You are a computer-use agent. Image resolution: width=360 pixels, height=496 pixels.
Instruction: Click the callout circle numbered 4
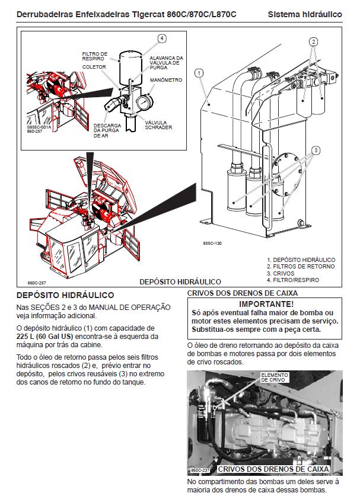(x=161, y=39)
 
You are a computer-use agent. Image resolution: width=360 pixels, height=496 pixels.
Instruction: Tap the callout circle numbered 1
(x=200, y=73)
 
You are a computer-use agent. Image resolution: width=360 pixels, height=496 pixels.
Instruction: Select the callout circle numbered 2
(x=314, y=41)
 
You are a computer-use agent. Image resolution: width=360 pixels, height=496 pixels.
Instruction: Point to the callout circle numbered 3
(x=316, y=151)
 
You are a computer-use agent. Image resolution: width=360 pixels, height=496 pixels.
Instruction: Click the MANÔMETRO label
(x=166, y=80)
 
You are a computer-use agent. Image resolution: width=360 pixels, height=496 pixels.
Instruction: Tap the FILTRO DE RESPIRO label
(x=94, y=57)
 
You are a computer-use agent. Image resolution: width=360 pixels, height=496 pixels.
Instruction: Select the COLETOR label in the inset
(x=94, y=68)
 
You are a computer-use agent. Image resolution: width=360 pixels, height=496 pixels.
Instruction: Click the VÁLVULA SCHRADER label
(x=158, y=125)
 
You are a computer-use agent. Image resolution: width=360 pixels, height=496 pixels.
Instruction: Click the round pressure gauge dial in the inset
(x=144, y=103)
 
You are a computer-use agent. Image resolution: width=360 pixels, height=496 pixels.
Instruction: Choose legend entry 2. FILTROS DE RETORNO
(x=300, y=267)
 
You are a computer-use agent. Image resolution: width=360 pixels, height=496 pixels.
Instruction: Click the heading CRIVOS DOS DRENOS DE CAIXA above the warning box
(x=242, y=293)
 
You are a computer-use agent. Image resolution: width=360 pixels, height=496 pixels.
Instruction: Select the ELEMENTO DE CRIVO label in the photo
(x=274, y=378)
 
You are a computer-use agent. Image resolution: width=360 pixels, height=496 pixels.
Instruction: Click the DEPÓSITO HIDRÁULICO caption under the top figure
(x=180, y=281)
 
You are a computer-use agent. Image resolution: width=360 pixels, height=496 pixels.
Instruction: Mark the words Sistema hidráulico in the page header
(x=304, y=14)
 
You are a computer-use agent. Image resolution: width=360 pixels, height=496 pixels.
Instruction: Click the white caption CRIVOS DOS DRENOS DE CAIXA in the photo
(x=273, y=469)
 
